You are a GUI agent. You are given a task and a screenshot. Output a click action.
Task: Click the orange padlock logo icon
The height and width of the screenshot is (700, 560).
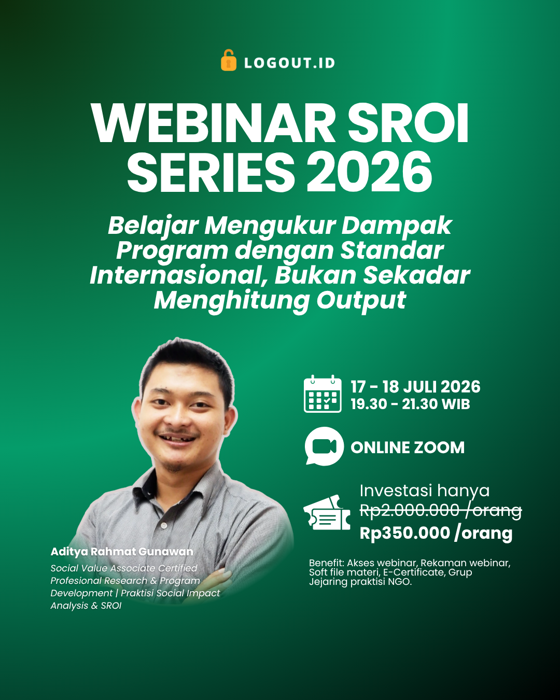click(229, 60)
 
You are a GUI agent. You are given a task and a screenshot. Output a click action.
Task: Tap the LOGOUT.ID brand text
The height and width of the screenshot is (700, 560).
click(290, 63)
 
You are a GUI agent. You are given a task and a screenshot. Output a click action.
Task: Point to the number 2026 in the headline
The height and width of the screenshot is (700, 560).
click(369, 172)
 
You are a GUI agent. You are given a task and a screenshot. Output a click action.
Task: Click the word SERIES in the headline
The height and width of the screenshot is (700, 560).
click(211, 172)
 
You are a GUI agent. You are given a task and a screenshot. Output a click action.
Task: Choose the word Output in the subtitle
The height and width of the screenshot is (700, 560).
click(361, 301)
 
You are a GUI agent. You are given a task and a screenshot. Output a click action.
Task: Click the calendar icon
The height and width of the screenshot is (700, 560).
click(323, 394)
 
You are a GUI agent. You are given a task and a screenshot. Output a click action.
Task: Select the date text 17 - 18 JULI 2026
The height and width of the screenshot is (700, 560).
click(415, 387)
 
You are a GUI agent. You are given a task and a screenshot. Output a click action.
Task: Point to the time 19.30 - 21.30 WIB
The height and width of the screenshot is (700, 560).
click(410, 404)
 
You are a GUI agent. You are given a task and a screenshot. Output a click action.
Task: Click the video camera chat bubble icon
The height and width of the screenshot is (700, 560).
click(324, 446)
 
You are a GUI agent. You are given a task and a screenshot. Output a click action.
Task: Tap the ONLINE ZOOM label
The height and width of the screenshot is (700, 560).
click(408, 447)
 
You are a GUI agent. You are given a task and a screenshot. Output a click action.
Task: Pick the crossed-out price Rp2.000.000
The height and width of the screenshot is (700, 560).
click(409, 511)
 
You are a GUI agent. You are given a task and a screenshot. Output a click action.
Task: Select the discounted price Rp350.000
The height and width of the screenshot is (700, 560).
click(405, 534)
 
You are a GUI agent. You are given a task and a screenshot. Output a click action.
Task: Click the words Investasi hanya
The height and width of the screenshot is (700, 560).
click(425, 491)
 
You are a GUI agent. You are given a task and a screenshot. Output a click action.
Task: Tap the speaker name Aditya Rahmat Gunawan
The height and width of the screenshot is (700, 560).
click(122, 552)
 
